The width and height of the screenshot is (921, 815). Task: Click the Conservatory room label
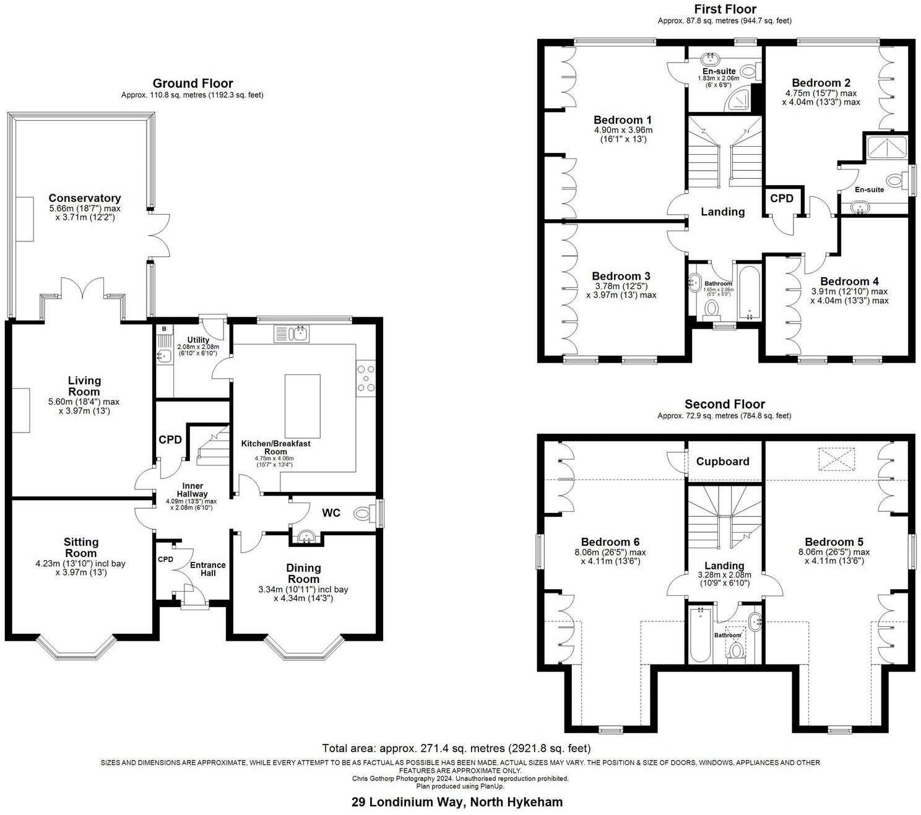(x=85, y=198)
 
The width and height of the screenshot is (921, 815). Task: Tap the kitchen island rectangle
(x=302, y=406)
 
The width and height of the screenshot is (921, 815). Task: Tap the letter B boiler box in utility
(x=164, y=329)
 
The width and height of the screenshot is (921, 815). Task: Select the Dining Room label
(x=303, y=573)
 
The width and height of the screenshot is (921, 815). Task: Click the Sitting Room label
(x=81, y=547)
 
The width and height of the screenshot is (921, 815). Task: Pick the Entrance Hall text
(x=207, y=569)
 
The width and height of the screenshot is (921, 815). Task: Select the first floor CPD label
(x=782, y=199)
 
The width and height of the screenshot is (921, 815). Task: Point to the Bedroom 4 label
(x=849, y=281)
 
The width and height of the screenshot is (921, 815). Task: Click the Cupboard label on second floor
(x=722, y=462)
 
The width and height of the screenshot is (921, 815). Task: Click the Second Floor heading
(x=724, y=404)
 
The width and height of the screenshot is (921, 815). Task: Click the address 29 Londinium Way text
(x=457, y=802)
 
